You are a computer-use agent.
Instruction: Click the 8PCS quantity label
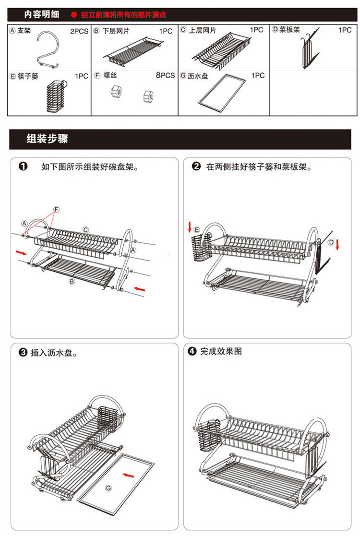pyautogui.click(x=165, y=75)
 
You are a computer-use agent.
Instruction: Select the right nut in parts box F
pyautogui.click(x=148, y=95)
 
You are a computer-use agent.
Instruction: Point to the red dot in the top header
pyautogui.click(x=74, y=15)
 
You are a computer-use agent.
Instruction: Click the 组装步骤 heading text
pyautogui.click(x=47, y=139)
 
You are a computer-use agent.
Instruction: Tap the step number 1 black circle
pyautogui.click(x=23, y=167)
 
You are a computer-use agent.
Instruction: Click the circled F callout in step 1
pyautogui.click(x=56, y=210)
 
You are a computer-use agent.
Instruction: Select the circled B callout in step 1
pyautogui.click(x=72, y=282)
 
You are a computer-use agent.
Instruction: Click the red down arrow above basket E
pyautogui.click(x=190, y=226)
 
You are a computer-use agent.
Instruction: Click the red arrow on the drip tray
pyautogui.click(x=128, y=475)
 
